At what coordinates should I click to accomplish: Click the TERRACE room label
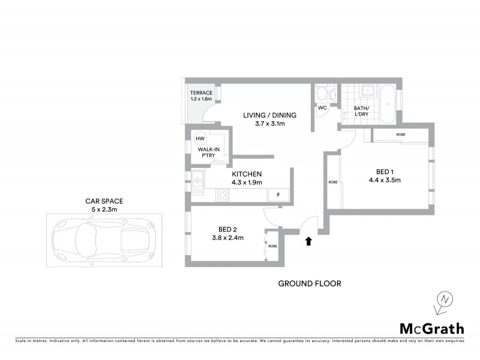201,93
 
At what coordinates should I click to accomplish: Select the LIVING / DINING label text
269,115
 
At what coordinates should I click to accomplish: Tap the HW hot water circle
200,139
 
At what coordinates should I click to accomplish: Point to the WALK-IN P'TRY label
208,152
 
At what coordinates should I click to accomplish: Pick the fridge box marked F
278,194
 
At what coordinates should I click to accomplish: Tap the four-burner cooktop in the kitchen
223,194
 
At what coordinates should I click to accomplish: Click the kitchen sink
197,177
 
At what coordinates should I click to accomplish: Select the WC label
322,108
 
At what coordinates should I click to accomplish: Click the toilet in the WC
322,94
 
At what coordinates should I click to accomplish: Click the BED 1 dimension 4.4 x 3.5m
385,179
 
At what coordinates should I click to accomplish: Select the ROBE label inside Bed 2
272,246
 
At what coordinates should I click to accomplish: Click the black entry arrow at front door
309,241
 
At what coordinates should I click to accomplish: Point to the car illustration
99,240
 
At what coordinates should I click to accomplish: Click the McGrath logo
431,328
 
